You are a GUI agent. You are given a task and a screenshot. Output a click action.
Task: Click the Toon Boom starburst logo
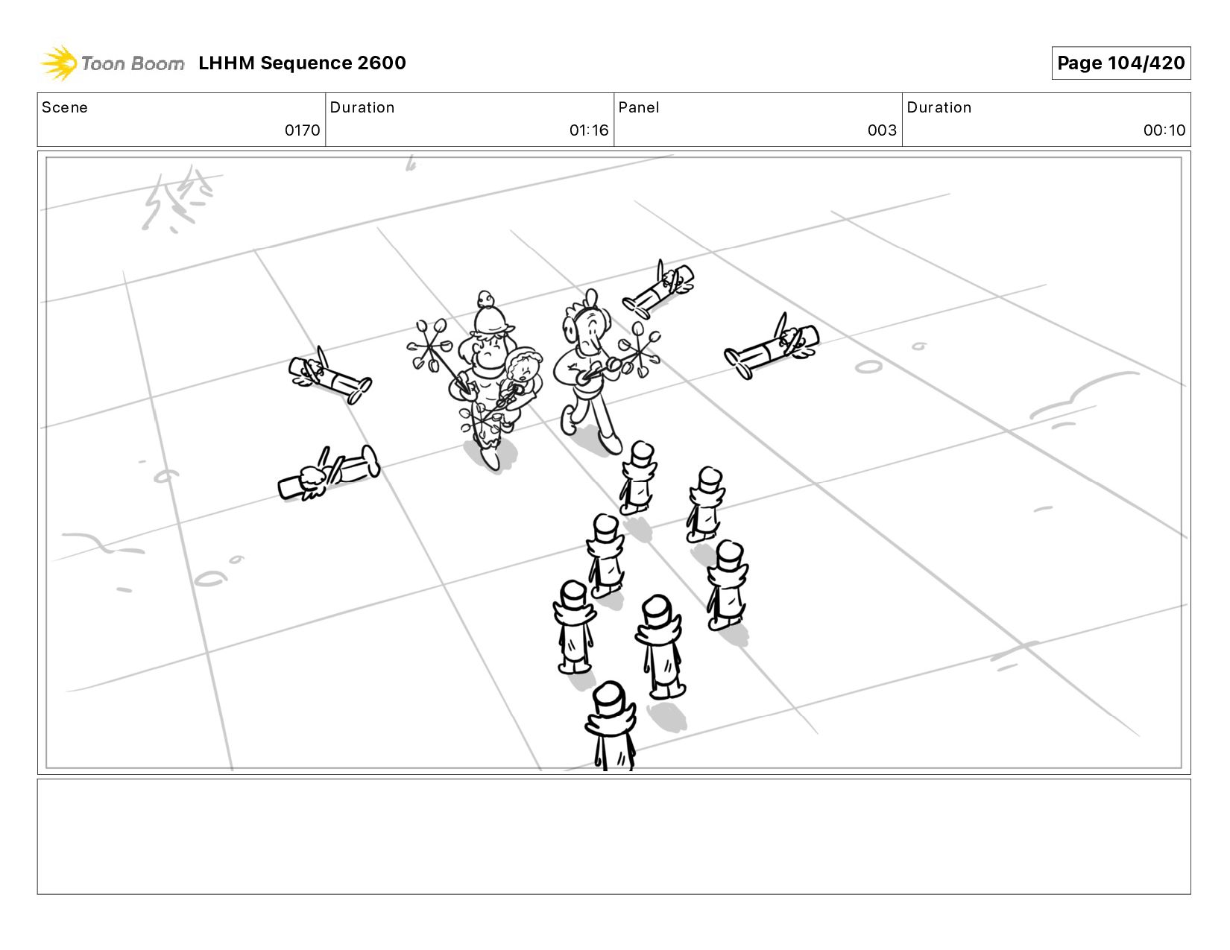[x=58, y=63]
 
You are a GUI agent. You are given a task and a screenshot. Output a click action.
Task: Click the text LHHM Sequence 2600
[x=302, y=63]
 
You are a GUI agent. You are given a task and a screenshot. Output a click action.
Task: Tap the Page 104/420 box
[x=1120, y=63]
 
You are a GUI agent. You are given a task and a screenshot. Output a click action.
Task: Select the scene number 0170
[x=302, y=130]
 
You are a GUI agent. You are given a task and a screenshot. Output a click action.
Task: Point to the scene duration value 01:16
[x=589, y=130]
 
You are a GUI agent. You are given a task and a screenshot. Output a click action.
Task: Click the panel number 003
[x=882, y=130]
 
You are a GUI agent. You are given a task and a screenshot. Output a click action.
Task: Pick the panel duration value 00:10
[x=1164, y=130]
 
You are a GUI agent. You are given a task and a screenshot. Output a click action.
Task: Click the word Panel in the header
[x=639, y=107]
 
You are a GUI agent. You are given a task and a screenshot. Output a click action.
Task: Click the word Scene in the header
[x=65, y=107]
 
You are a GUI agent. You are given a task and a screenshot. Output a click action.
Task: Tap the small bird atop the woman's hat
[x=485, y=299]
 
